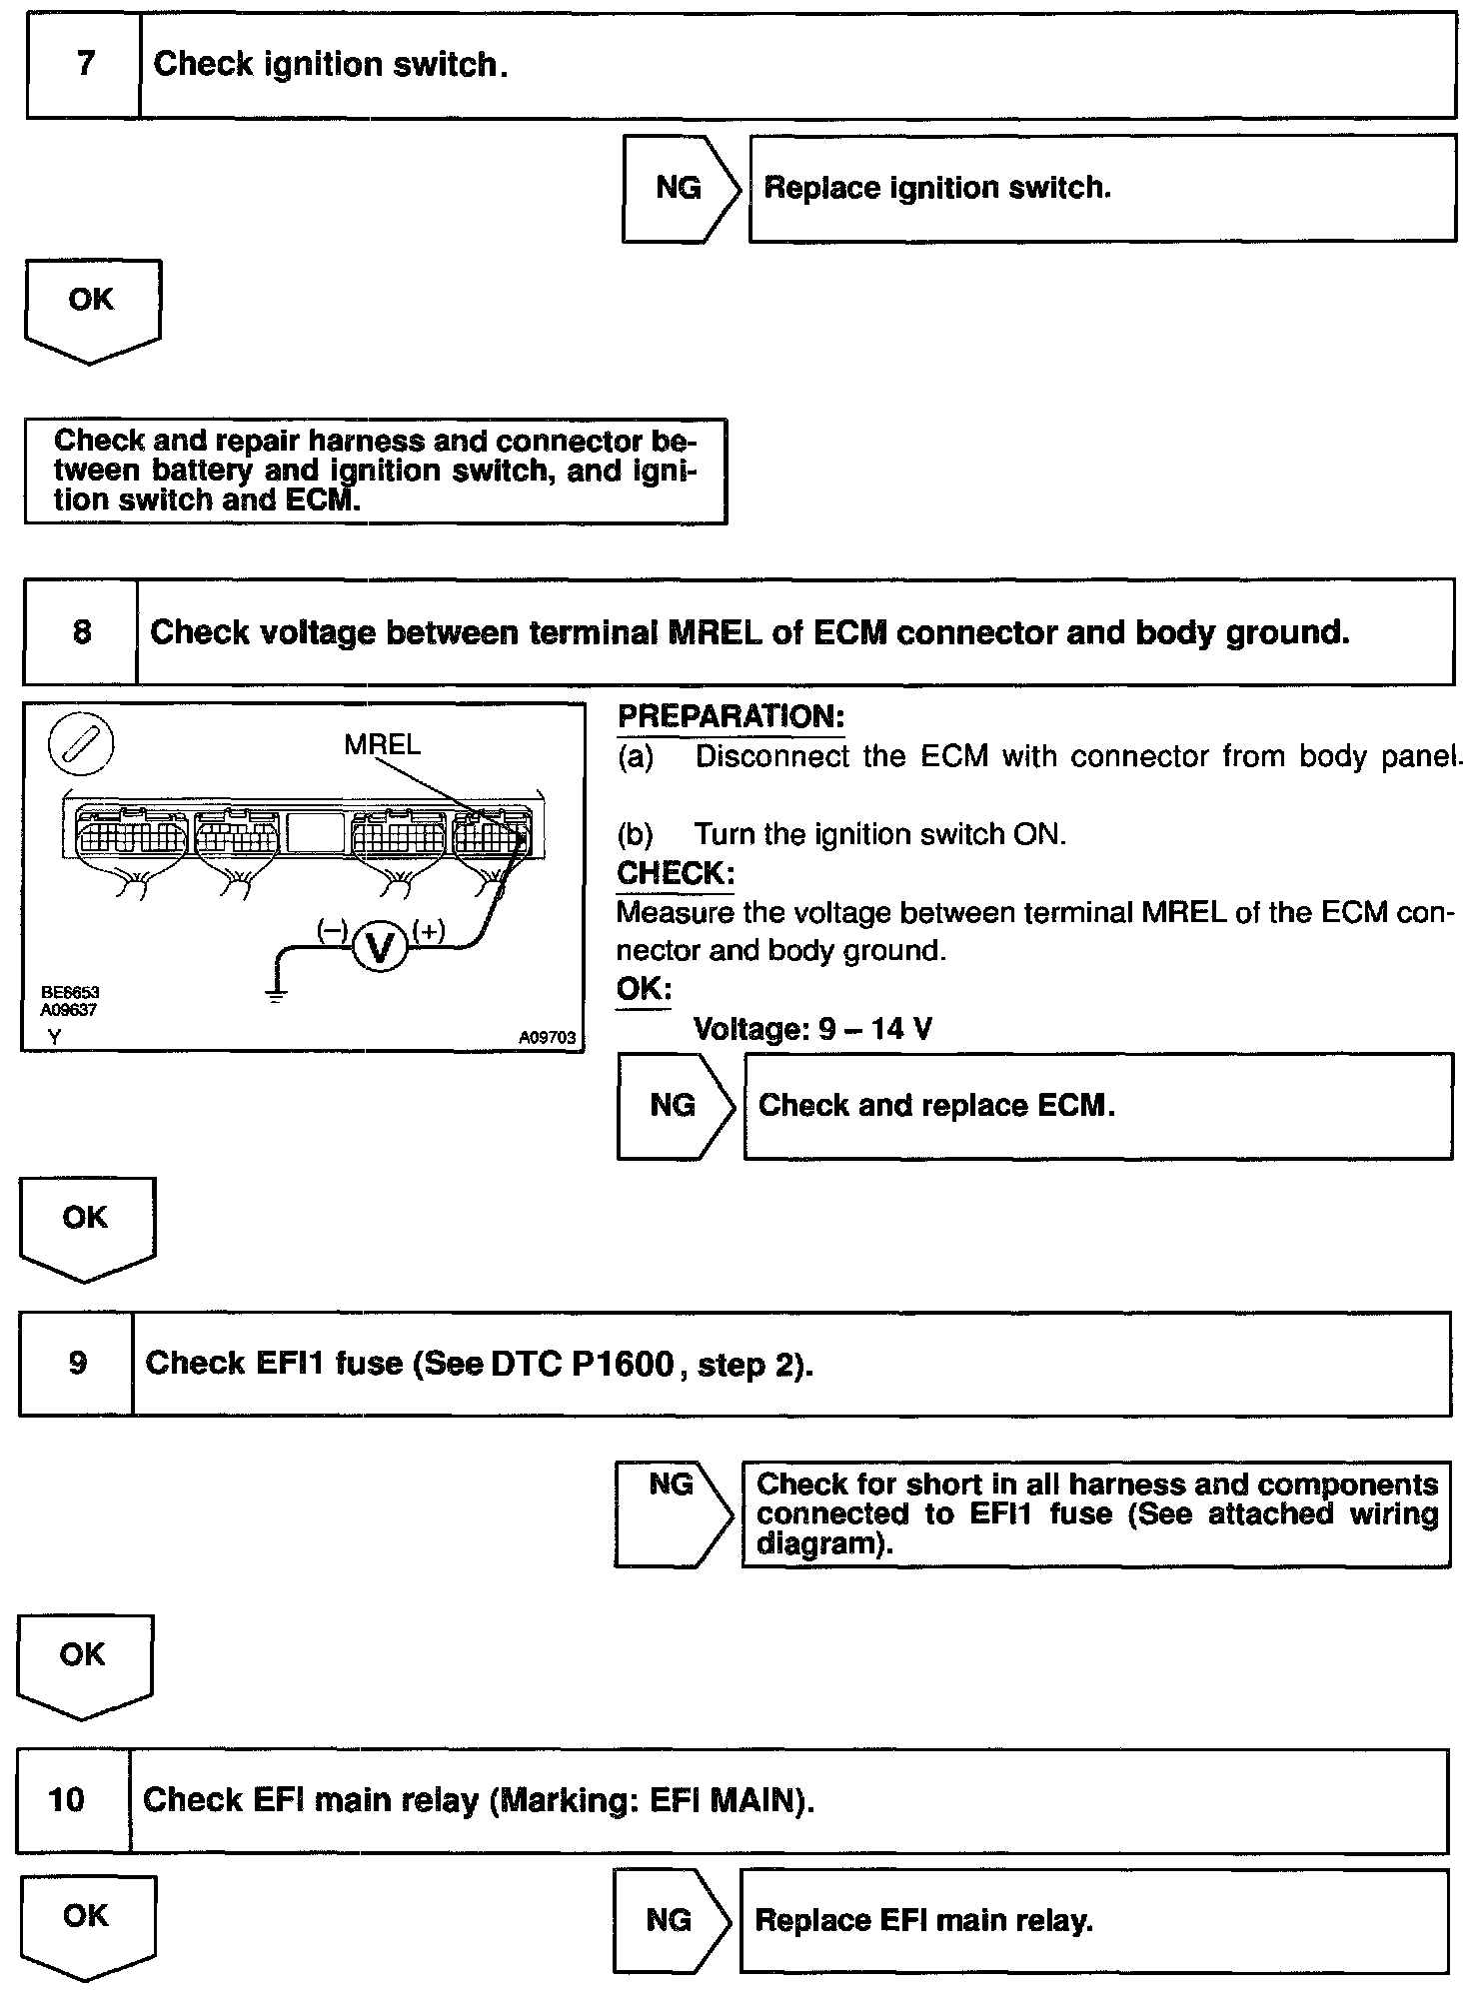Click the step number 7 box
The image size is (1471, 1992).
pyautogui.click(x=84, y=65)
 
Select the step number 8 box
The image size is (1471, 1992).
pyautogui.click(x=80, y=632)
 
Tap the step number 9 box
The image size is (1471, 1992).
pyautogui.click(x=77, y=1364)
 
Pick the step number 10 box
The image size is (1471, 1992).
pyautogui.click(x=67, y=1799)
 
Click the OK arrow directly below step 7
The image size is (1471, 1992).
pyautogui.click(x=91, y=308)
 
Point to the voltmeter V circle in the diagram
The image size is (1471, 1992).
pyautogui.click(x=380, y=947)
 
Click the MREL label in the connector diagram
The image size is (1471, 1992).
pyautogui.click(x=382, y=744)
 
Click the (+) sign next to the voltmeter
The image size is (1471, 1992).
pyautogui.click(x=428, y=931)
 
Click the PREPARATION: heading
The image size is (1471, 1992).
pyautogui.click(x=731, y=716)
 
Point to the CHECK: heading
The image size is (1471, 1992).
pyautogui.click(x=676, y=873)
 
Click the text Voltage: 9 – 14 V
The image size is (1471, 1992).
pyautogui.click(x=812, y=1028)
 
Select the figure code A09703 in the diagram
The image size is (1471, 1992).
pyautogui.click(x=547, y=1038)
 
